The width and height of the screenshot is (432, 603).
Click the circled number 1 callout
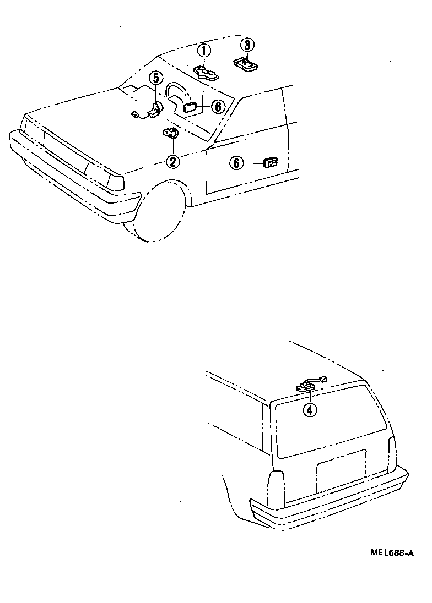click(x=205, y=51)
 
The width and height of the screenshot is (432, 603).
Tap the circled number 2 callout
click(x=172, y=162)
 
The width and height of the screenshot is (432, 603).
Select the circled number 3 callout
click(x=247, y=45)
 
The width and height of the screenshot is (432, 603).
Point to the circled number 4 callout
click(x=310, y=410)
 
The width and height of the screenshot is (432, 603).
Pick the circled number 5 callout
click(x=155, y=79)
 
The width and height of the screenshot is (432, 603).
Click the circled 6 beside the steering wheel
click(x=218, y=107)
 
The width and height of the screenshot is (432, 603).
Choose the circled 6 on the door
click(x=236, y=163)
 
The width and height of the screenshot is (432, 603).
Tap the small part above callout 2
click(x=170, y=133)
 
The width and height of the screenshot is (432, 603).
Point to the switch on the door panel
click(x=271, y=163)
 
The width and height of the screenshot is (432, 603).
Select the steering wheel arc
click(x=177, y=91)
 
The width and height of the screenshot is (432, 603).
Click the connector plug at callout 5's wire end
click(x=135, y=114)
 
